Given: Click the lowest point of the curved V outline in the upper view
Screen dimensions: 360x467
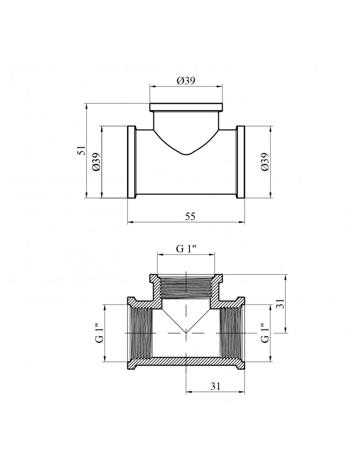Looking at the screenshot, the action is click(x=186, y=154).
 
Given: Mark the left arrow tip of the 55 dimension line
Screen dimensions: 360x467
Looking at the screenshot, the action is click(x=128, y=222).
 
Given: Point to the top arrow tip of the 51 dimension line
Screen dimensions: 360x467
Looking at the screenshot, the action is click(x=86, y=104).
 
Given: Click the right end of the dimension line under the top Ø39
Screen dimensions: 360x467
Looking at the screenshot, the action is click(x=222, y=86).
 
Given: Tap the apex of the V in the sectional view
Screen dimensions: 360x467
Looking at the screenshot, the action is click(x=186, y=333).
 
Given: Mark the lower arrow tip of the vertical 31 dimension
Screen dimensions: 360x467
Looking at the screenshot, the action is click(x=286, y=333).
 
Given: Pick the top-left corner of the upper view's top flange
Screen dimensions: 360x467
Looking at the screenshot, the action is click(x=150, y=104).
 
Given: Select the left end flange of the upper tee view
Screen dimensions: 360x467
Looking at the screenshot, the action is click(x=132, y=162).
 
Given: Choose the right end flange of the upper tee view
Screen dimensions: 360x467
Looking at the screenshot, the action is click(x=240, y=162).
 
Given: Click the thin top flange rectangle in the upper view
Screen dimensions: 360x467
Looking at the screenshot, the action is click(x=186, y=107).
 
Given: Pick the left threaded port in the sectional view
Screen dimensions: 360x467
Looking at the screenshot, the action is click(x=141, y=333).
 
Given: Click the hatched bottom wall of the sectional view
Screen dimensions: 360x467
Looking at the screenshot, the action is click(x=186, y=361).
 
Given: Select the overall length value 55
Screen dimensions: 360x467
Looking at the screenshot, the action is click(x=190, y=217).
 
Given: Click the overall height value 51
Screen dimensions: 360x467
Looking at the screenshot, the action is click(x=81, y=150).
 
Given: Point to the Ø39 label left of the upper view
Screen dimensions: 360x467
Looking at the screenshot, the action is click(x=97, y=162).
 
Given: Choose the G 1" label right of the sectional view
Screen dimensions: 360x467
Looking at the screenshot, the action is click(x=265, y=333).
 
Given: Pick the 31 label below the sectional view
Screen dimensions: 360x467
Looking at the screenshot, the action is click(x=215, y=386).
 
